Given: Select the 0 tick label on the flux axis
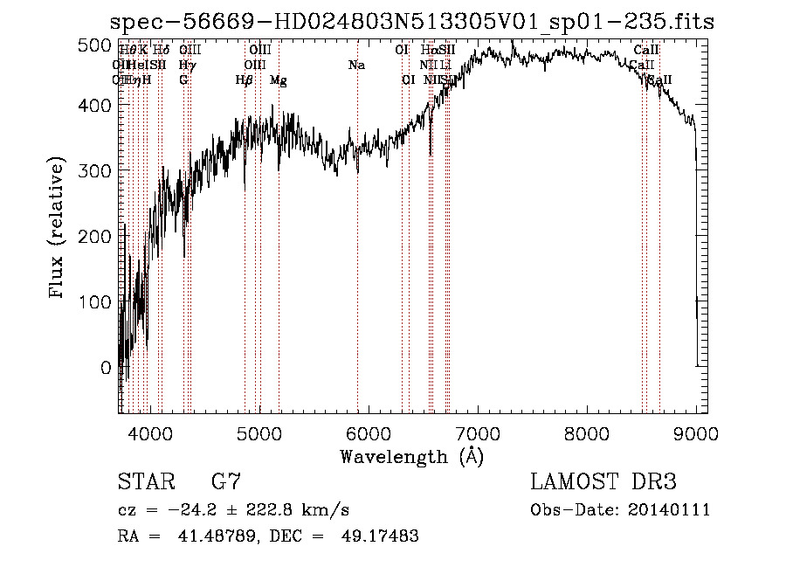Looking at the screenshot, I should coord(106,368).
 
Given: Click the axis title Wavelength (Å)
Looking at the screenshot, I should coord(411,456).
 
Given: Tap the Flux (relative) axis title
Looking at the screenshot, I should coord(58,229).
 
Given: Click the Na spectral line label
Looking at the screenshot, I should coord(356,66).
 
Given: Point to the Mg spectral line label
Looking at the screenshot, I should coord(278,80).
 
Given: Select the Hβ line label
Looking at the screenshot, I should coord(244,80).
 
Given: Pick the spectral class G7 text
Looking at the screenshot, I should coord(226,483).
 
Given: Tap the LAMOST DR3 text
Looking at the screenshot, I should coord(603,483).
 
